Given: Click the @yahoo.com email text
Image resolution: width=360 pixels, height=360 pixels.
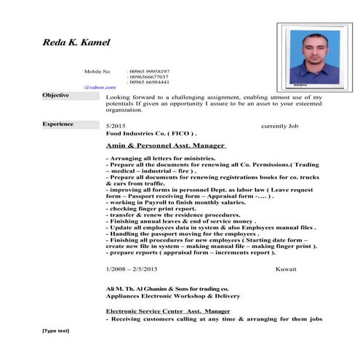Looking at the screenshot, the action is pyautogui.click(x=100, y=87).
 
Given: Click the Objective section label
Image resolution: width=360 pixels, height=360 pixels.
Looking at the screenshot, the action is pyautogui.click(x=56, y=95).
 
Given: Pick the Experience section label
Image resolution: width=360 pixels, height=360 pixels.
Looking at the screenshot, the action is pyautogui.click(x=58, y=124).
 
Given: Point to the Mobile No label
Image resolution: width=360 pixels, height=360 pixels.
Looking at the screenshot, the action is pyautogui.click(x=97, y=71).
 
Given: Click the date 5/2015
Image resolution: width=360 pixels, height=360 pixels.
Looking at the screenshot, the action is pyautogui.click(x=116, y=126).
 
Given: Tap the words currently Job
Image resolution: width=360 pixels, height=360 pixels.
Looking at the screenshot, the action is pyautogui.click(x=280, y=126).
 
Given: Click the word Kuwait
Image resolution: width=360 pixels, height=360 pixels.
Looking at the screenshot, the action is pyautogui.click(x=286, y=270).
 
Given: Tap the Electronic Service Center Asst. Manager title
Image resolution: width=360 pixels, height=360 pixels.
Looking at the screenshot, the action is pyautogui.click(x=168, y=311).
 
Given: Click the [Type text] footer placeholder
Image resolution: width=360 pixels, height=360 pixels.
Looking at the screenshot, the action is pyautogui.click(x=56, y=331).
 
